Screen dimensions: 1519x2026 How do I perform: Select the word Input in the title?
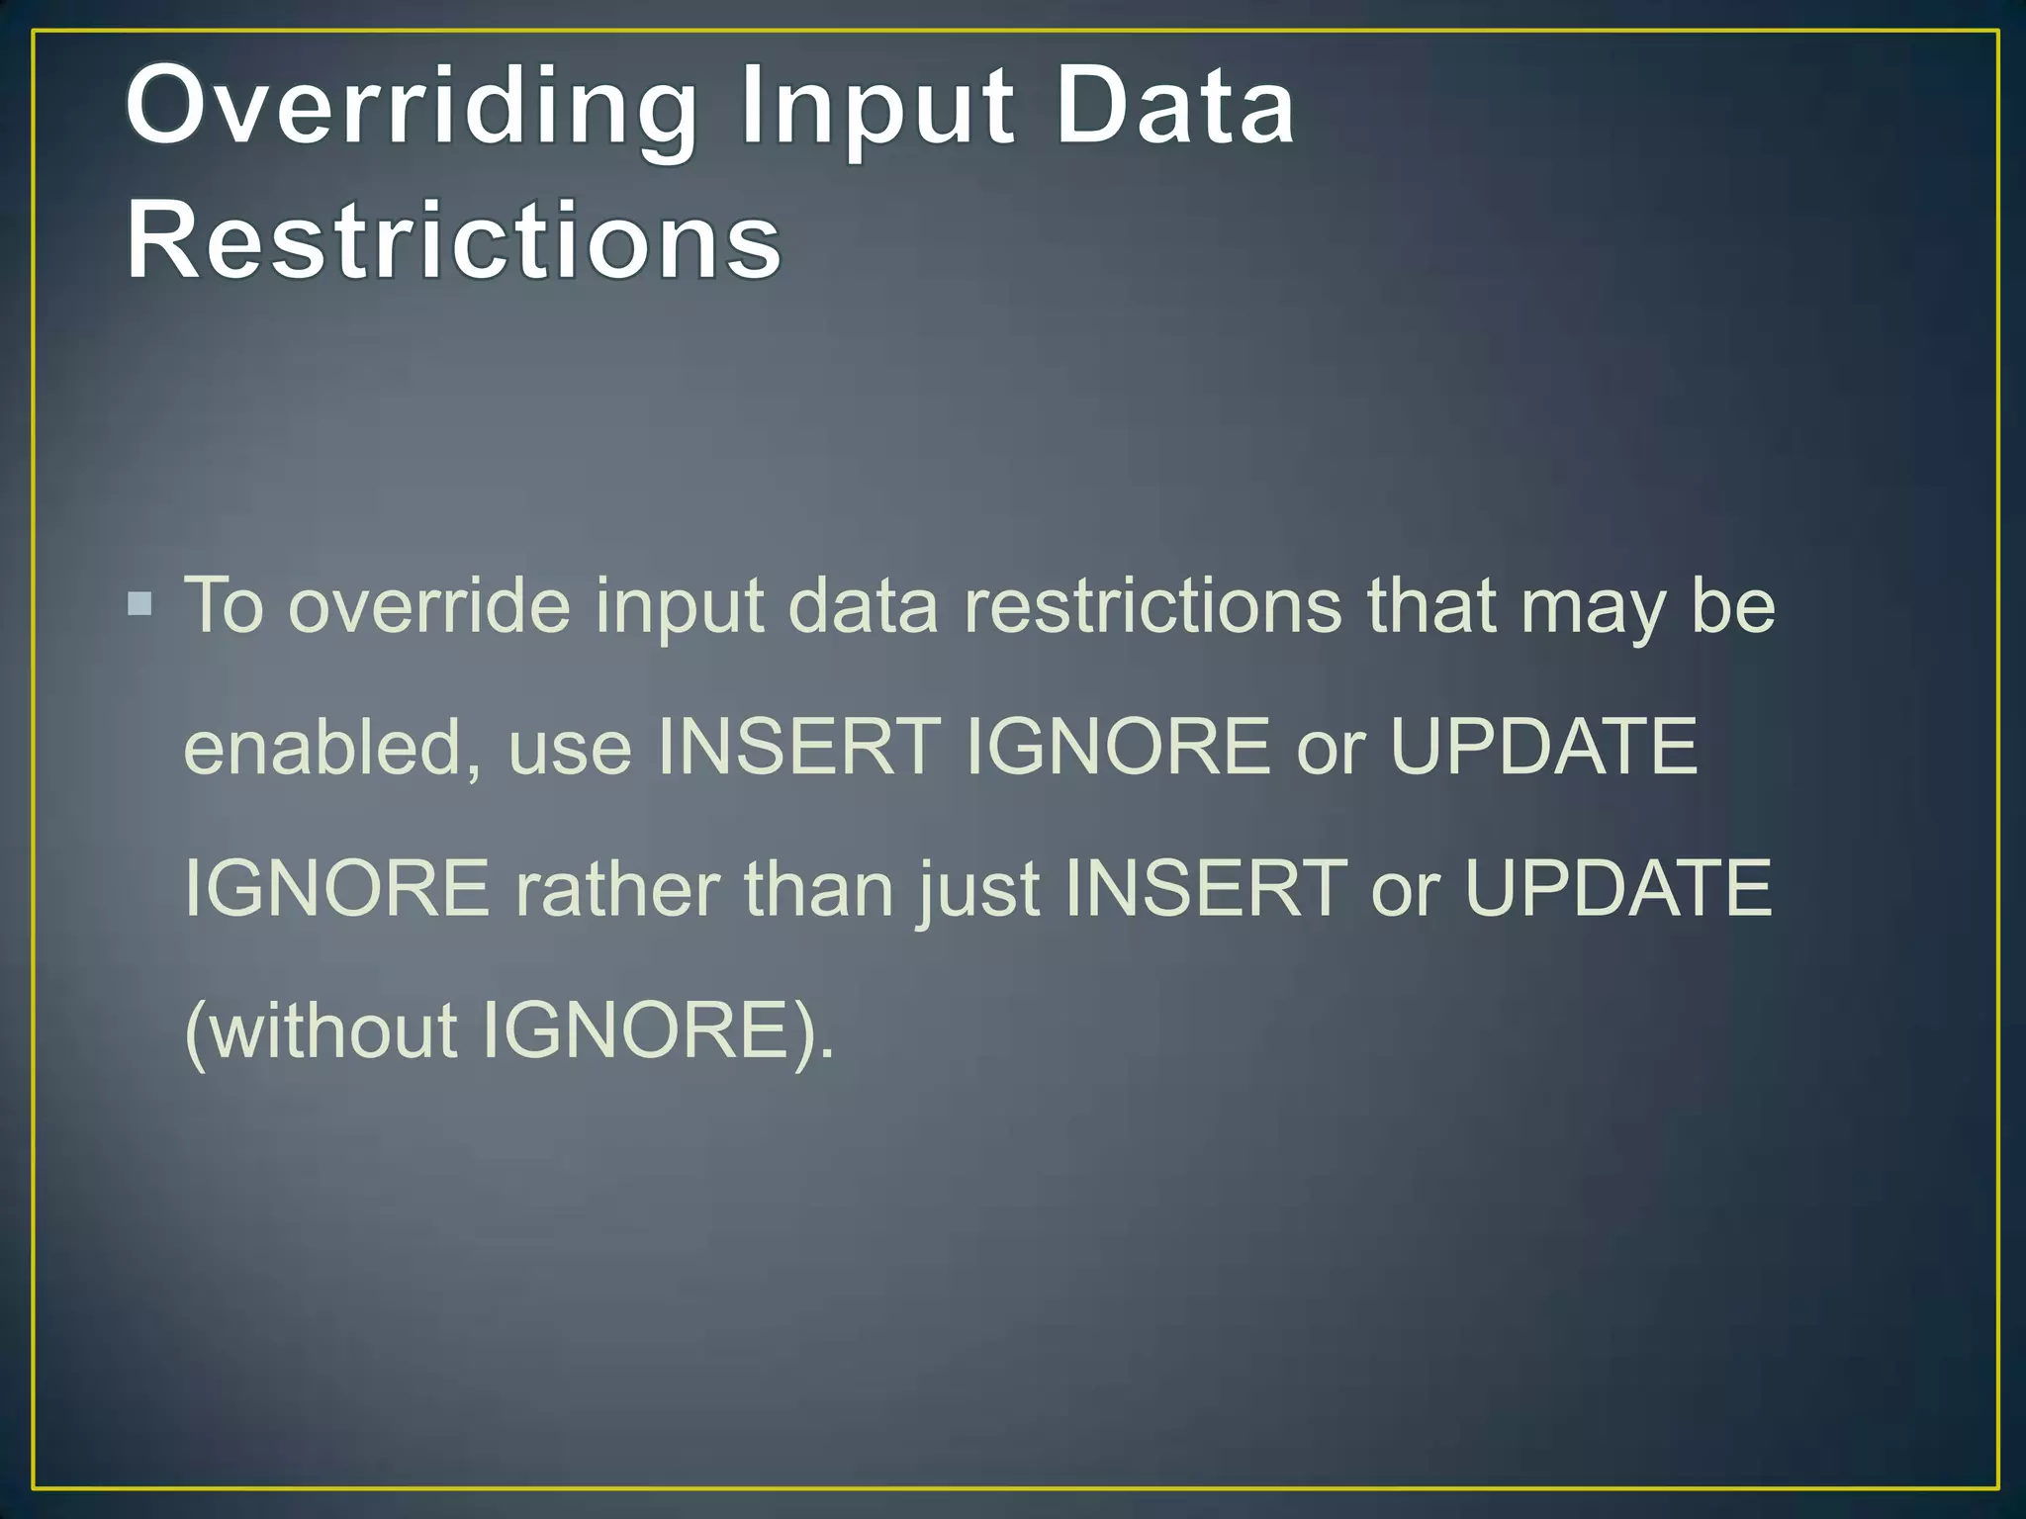point(876,107)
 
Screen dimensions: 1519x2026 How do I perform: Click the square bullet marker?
point(140,603)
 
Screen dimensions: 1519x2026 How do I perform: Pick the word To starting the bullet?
point(225,605)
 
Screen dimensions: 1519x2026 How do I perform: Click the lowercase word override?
point(429,605)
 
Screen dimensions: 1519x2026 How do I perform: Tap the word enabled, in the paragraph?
point(332,747)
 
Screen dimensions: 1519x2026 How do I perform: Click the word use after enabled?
point(570,749)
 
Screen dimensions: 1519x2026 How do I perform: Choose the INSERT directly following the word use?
point(799,747)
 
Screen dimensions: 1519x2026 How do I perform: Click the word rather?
point(616,888)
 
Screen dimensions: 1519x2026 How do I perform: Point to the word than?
point(819,888)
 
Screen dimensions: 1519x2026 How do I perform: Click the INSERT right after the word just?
point(1206,888)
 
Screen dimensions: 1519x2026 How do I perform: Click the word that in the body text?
point(1430,605)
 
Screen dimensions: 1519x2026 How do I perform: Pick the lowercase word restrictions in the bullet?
point(1152,605)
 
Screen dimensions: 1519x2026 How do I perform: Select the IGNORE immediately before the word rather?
point(337,888)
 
